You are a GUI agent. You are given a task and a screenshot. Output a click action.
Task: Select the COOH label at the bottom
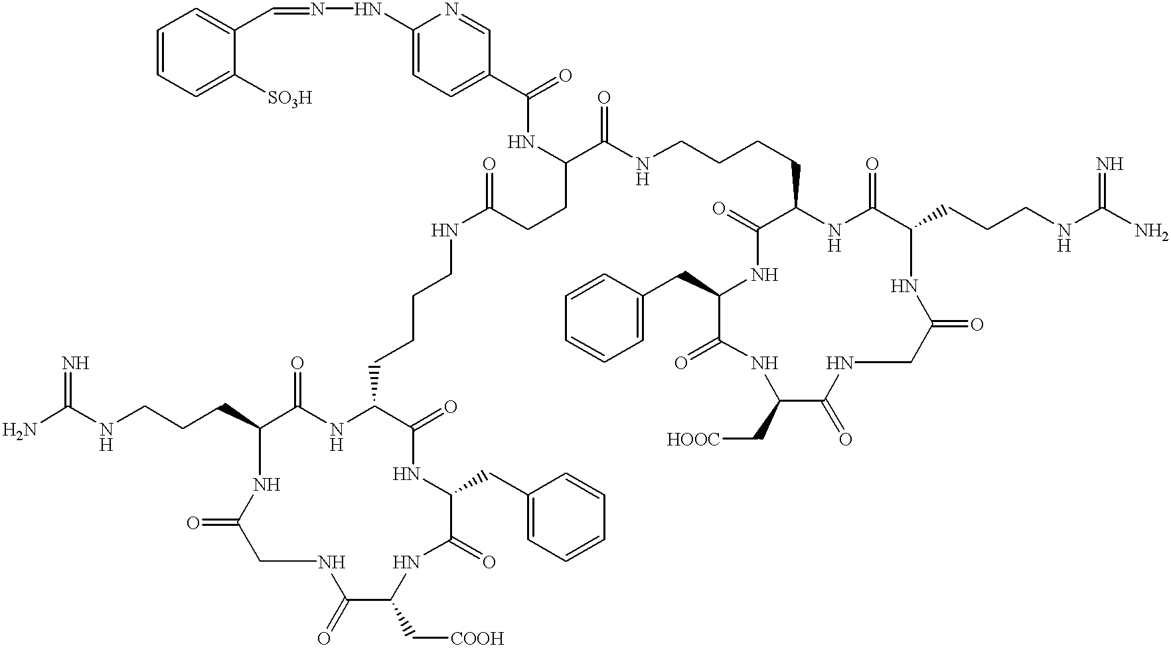point(477,639)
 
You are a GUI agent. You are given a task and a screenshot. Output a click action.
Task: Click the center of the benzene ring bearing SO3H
point(198,52)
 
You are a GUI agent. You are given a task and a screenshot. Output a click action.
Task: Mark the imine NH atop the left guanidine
point(76,364)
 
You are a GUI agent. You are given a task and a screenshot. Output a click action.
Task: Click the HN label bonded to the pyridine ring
point(368,10)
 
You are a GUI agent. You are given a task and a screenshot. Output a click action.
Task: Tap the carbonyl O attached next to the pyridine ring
point(565,74)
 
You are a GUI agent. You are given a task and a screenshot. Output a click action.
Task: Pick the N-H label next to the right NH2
point(1064,237)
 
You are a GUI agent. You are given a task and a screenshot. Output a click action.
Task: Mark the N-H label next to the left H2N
point(105,436)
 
